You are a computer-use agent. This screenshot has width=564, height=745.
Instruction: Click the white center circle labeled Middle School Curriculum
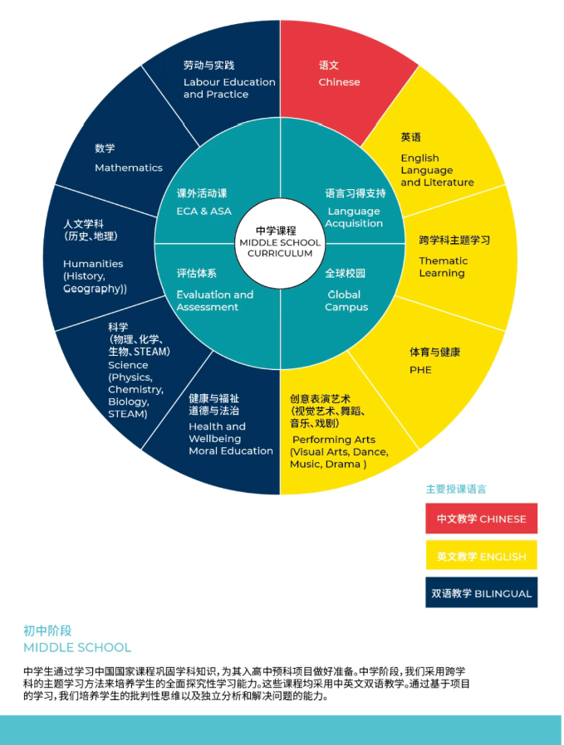(x=280, y=242)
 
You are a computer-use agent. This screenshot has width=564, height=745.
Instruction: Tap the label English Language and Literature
(x=437, y=169)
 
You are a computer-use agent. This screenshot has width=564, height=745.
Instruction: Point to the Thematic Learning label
(x=443, y=266)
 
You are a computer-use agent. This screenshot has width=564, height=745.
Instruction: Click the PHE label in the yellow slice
(x=420, y=370)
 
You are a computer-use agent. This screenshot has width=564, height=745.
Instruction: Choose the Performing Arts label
(x=333, y=440)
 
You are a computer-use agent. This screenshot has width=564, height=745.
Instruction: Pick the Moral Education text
(x=230, y=450)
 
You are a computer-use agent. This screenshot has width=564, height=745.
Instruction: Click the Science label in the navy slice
(x=128, y=365)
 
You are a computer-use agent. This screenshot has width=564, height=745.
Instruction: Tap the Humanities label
(x=93, y=264)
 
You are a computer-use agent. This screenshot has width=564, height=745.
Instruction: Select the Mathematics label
(x=128, y=168)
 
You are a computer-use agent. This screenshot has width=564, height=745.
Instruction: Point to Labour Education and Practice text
(x=229, y=88)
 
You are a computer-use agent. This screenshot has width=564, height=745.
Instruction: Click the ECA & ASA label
(x=204, y=211)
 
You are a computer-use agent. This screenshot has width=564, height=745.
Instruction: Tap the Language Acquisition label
(x=354, y=217)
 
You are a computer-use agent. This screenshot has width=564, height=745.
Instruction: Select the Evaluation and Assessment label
(x=214, y=300)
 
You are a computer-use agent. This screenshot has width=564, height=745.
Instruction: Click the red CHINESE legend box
(x=481, y=519)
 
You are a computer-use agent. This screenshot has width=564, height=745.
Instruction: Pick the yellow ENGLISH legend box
(x=481, y=556)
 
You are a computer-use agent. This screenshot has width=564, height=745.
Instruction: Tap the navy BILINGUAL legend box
(x=481, y=593)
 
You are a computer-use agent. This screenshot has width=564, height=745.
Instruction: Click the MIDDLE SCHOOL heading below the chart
(x=77, y=647)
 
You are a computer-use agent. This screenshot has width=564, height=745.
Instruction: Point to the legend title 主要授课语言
(x=456, y=489)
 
